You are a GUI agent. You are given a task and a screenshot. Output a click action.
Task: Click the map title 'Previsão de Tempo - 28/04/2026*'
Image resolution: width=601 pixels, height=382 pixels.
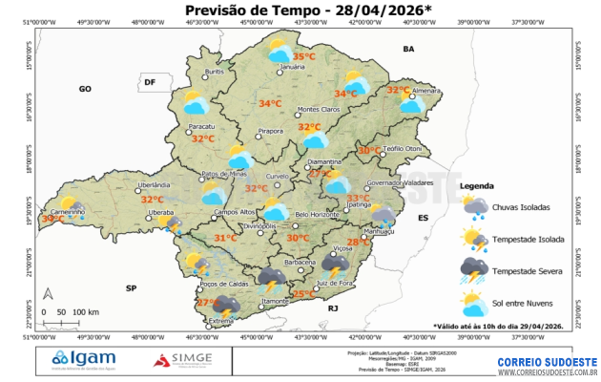[301, 11]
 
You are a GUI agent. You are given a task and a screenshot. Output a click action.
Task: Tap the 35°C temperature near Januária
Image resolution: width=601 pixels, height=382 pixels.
[303, 57]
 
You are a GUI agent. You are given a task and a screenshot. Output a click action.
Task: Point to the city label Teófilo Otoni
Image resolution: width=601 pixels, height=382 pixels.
[401, 149]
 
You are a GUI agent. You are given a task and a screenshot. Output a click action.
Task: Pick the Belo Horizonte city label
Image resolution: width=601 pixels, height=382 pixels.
[317, 215]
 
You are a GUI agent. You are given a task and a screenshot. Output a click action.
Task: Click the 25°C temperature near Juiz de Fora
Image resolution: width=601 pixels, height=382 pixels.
[303, 294]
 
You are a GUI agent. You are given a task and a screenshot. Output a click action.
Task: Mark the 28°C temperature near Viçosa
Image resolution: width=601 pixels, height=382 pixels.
[358, 243]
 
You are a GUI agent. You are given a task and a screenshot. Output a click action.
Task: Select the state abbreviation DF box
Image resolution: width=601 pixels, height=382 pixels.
[149, 82]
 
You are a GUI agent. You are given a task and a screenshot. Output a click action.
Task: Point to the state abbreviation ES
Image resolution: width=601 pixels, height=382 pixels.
[425, 219]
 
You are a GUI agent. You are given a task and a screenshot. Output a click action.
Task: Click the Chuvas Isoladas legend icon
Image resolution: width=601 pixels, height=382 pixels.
[474, 206]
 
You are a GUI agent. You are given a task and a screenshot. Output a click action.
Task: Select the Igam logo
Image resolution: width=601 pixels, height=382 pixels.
[82, 359]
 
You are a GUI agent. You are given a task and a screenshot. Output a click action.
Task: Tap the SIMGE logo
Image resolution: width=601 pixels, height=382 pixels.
[186, 360]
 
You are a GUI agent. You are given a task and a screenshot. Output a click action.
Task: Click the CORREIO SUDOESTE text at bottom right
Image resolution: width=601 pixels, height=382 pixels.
[547, 362]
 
